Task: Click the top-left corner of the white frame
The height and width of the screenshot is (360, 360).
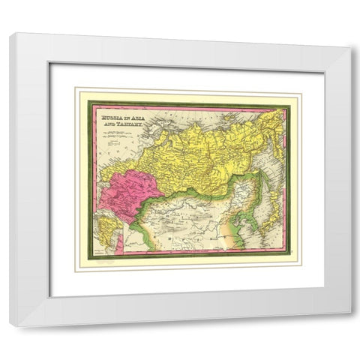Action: click(x=10, y=34)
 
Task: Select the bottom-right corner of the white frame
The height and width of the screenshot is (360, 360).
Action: click(x=349, y=325)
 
